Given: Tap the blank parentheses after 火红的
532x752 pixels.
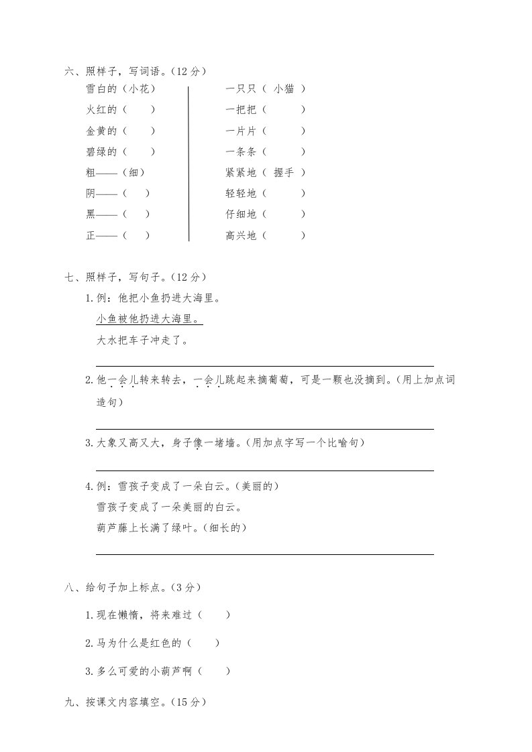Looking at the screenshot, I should (x=140, y=110).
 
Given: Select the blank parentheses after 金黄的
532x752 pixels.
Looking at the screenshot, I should (x=140, y=131).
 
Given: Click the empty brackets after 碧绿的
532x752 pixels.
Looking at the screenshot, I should (x=140, y=151).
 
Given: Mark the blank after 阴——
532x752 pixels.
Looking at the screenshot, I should (x=136, y=194).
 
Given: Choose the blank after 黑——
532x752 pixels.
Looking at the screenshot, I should (x=136, y=214).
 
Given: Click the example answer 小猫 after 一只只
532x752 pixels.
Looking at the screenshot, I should (x=284, y=88).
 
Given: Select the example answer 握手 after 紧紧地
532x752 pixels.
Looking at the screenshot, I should (x=284, y=172).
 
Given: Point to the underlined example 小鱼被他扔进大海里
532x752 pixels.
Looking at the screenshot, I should (x=149, y=318).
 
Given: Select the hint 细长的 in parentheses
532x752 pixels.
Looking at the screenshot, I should (x=229, y=527).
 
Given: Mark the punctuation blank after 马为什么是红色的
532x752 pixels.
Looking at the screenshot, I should (x=204, y=643).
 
